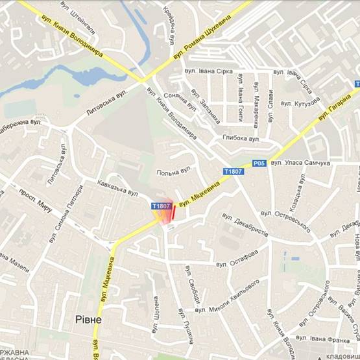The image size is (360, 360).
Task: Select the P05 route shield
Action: coord(259,163)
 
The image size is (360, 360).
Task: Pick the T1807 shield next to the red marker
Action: coord(161,206)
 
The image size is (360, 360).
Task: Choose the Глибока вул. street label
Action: coord(241,138)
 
